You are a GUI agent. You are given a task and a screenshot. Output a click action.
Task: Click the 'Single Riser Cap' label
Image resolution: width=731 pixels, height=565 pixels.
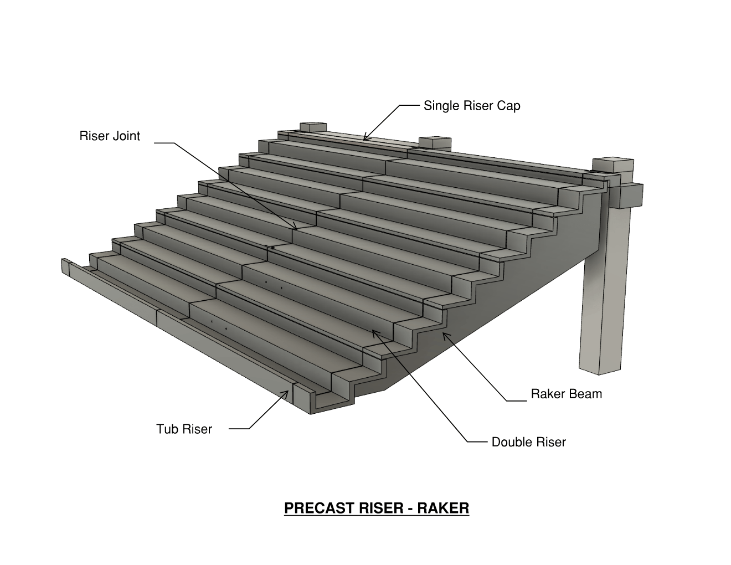tap(472, 105)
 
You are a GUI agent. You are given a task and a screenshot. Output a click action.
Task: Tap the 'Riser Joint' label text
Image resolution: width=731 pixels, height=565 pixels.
tap(110, 136)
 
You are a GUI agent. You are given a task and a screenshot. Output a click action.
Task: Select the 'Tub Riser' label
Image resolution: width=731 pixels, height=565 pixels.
tap(184, 429)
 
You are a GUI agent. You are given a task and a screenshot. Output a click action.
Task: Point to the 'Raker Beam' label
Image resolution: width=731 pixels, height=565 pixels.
tap(566, 394)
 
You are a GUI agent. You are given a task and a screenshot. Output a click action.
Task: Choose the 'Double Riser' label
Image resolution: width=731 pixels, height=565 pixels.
tap(528, 442)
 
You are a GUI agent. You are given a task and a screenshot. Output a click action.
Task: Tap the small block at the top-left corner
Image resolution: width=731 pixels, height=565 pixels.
tap(313, 127)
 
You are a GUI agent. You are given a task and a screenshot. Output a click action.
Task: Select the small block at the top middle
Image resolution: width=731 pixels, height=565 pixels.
tap(435, 142)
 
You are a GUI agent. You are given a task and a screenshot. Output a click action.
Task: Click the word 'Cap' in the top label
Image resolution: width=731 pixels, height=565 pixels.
tap(508, 105)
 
